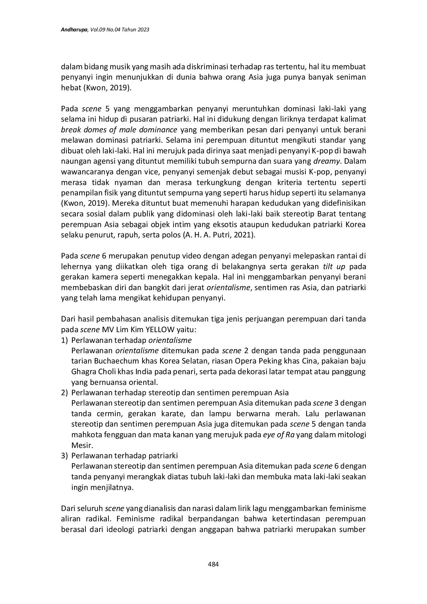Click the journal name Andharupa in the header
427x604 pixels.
(x=74, y=30)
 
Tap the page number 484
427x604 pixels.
(x=213, y=564)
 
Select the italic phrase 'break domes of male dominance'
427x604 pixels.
(x=119, y=130)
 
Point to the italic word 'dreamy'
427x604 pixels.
(x=326, y=161)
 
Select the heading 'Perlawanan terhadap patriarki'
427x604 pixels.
(x=125, y=455)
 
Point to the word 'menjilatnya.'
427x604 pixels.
(x=102, y=487)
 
